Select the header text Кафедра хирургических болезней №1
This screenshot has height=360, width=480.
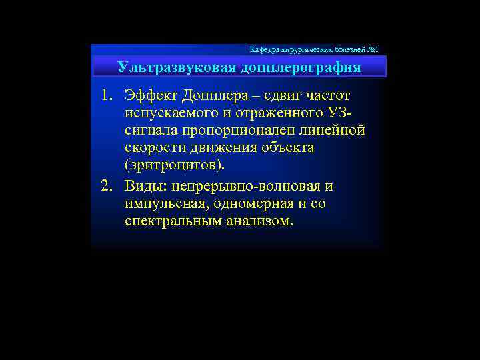coord(313,50)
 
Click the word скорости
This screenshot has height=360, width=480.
coord(152,147)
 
